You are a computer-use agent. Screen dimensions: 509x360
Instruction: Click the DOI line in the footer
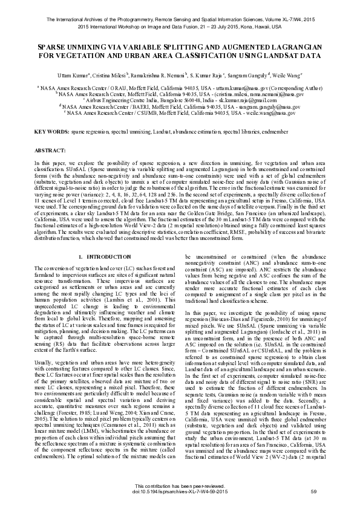(180, 490)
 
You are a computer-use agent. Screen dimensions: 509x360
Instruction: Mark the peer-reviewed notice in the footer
(180, 485)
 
